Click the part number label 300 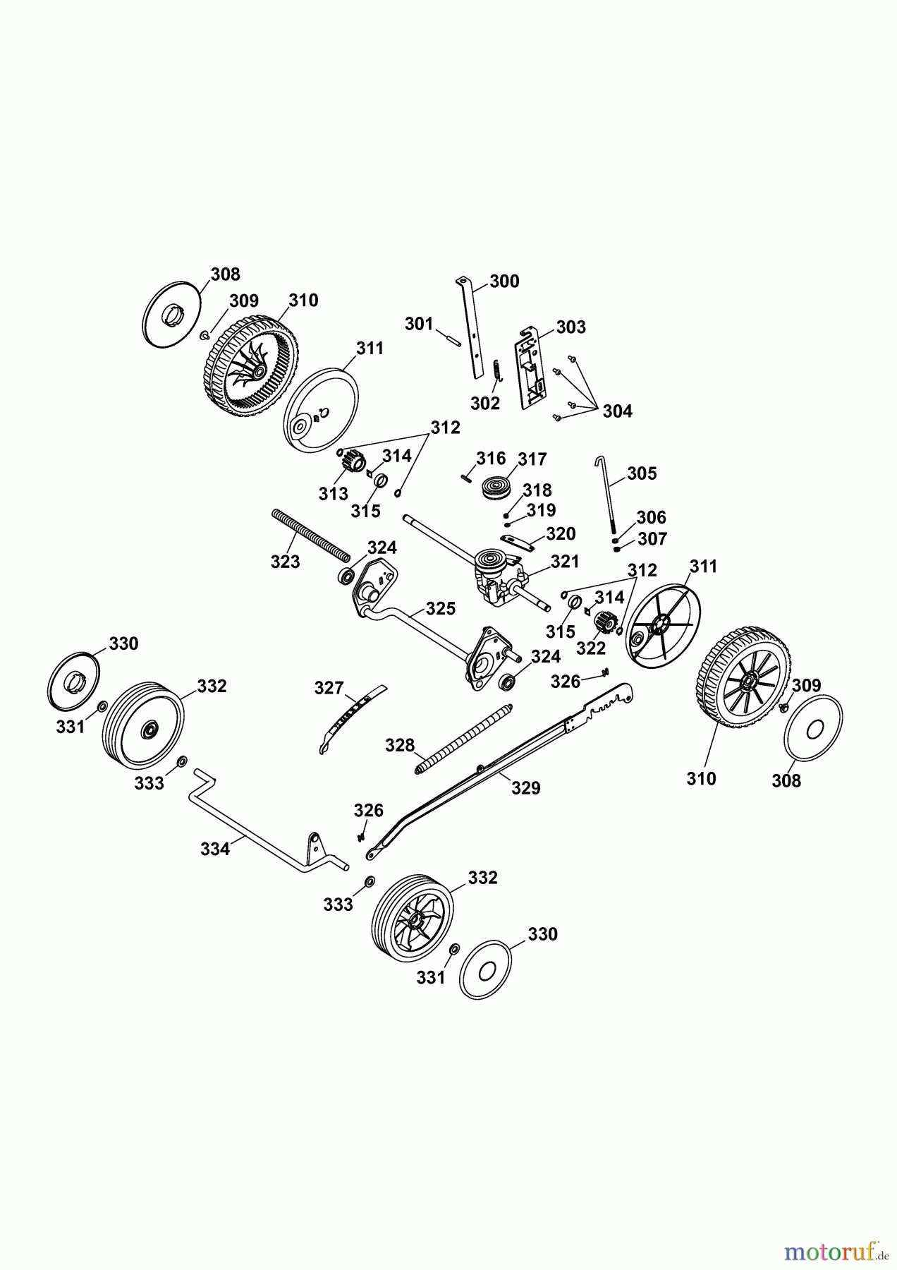click(x=504, y=282)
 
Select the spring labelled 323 click(x=310, y=534)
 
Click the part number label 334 click(x=215, y=849)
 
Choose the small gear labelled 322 click(x=603, y=623)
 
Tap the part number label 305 click(x=642, y=473)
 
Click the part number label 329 click(x=525, y=788)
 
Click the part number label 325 click(x=441, y=608)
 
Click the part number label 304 click(x=617, y=411)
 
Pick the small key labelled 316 click(x=465, y=476)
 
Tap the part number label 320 click(x=561, y=533)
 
